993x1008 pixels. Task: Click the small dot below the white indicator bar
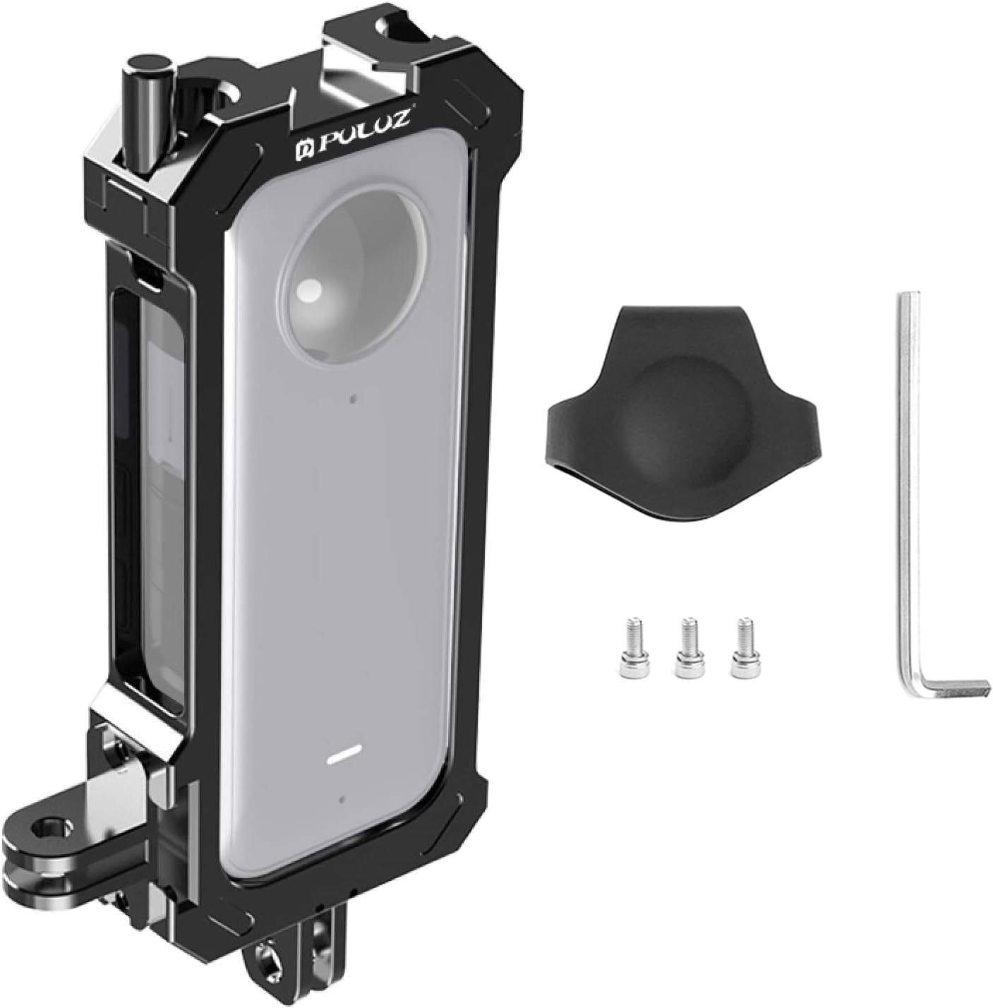click(342, 800)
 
